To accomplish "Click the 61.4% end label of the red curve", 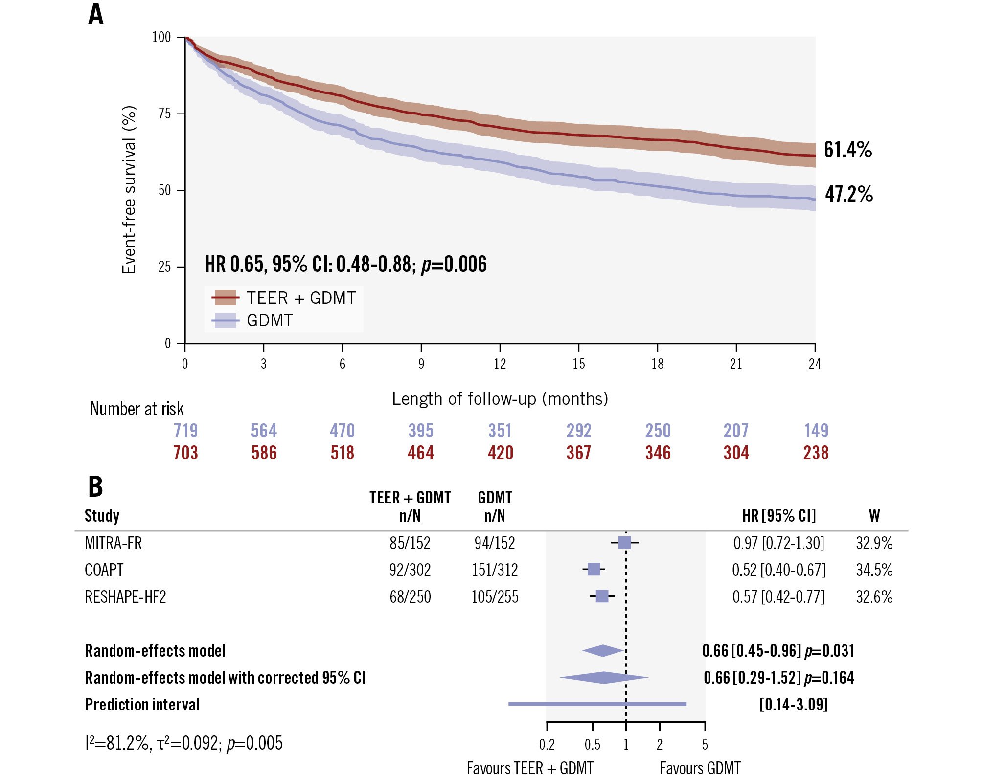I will (x=847, y=150).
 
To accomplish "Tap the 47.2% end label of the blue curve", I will (x=848, y=194).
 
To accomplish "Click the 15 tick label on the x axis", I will (x=578, y=364).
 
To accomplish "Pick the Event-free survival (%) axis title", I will (x=129, y=190).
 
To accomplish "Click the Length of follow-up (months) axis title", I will (x=500, y=399).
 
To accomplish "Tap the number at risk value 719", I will (x=185, y=431).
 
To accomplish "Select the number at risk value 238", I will (x=816, y=453).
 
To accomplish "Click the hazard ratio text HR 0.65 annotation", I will (x=345, y=264).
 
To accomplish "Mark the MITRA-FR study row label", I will (x=113, y=543).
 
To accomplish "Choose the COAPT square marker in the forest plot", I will (x=594, y=569).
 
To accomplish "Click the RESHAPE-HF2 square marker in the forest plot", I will (x=602, y=596).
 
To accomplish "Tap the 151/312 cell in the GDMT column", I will (x=495, y=570).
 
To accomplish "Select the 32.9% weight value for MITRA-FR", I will (x=874, y=543).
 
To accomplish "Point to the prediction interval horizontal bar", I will (x=597, y=704).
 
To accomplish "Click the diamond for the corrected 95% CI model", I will (x=604, y=678).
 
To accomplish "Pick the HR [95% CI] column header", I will (x=779, y=516).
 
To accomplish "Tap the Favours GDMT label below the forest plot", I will (x=700, y=768).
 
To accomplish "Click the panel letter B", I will (x=95, y=486).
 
